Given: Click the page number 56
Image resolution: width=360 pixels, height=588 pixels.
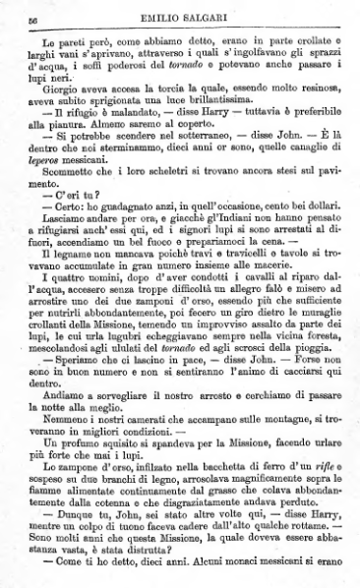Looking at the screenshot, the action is (x=32, y=19).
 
